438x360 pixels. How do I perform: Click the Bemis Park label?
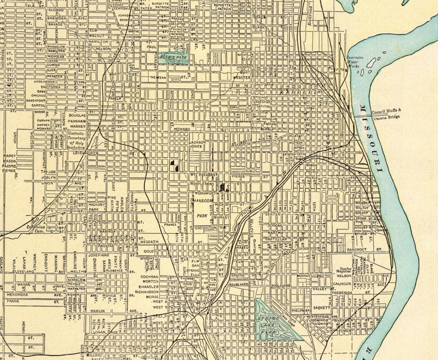[x=172, y=56]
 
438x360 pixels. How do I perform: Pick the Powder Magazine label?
[x=346, y=272]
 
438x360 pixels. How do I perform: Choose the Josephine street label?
[x=99, y=255]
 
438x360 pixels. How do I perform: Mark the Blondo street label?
[x=56, y=10]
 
